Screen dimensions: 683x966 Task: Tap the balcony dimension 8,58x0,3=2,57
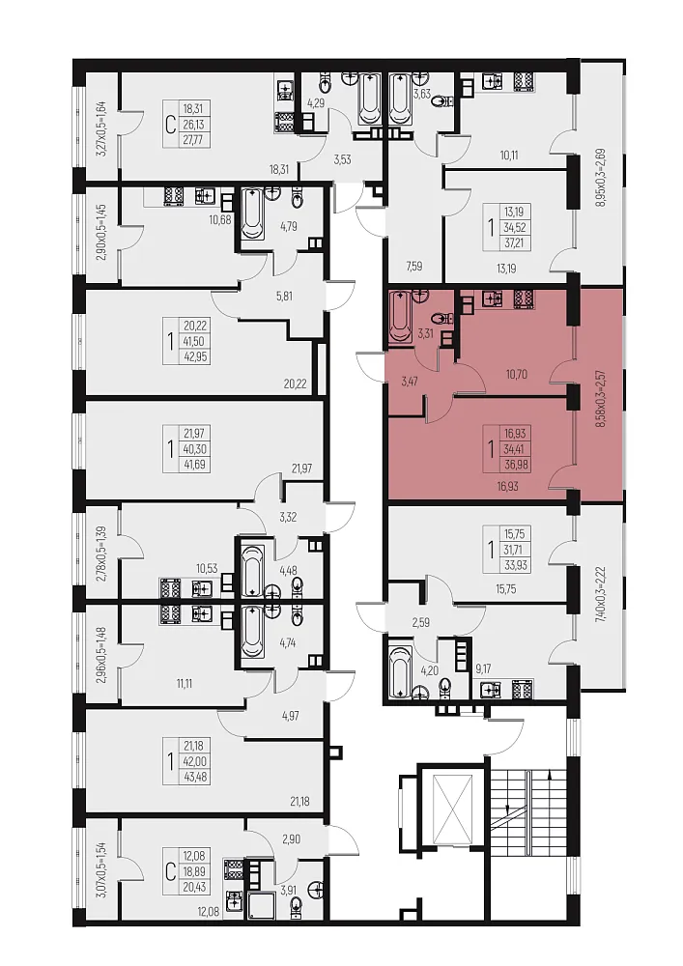pyautogui.click(x=601, y=399)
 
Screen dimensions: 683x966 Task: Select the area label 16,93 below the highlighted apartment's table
pyautogui.click(x=507, y=486)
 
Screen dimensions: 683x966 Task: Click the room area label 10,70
pyautogui.click(x=516, y=374)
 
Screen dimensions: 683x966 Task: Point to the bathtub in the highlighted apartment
pyautogui.click(x=401, y=317)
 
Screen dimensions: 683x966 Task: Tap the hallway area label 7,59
pyautogui.click(x=414, y=267)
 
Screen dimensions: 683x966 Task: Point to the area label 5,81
pyautogui.click(x=284, y=297)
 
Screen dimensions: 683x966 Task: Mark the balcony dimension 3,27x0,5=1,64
pyautogui.click(x=102, y=129)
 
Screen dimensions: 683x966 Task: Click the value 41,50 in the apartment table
pyautogui.click(x=195, y=341)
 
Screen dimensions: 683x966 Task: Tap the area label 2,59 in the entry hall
pyautogui.click(x=420, y=622)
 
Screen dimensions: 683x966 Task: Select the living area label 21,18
pyautogui.click(x=299, y=802)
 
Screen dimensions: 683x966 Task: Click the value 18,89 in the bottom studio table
pyautogui.click(x=193, y=871)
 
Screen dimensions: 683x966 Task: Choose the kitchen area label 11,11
pyautogui.click(x=185, y=683)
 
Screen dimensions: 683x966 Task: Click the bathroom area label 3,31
pyautogui.click(x=426, y=334)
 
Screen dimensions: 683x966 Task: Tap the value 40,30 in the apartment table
pyautogui.click(x=195, y=448)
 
